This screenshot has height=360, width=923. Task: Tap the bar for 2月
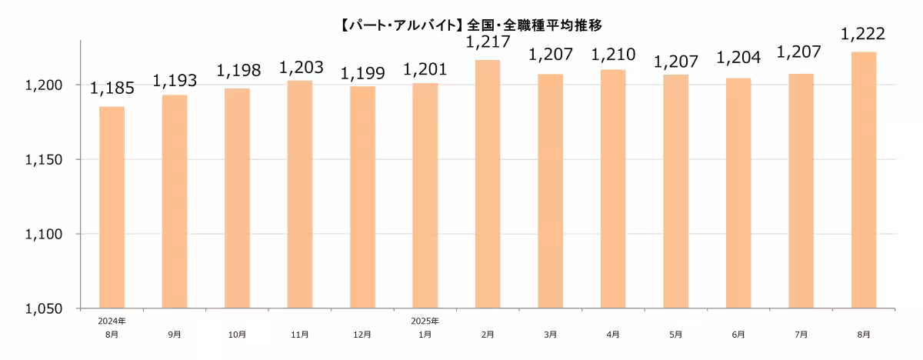[488, 185]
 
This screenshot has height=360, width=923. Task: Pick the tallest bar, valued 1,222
[864, 181]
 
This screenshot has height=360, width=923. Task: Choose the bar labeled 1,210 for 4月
[613, 189]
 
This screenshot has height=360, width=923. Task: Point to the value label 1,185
[112, 89]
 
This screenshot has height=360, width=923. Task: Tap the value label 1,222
[863, 35]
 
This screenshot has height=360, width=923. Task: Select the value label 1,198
[238, 72]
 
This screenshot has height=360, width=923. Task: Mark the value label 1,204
[738, 58]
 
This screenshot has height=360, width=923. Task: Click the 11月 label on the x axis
[300, 335]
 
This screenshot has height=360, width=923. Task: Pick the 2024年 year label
[112, 321]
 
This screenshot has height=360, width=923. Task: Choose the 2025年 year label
[425, 321]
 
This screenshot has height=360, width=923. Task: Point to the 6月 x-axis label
[738, 335]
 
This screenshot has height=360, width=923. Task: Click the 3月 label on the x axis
[550, 335]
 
